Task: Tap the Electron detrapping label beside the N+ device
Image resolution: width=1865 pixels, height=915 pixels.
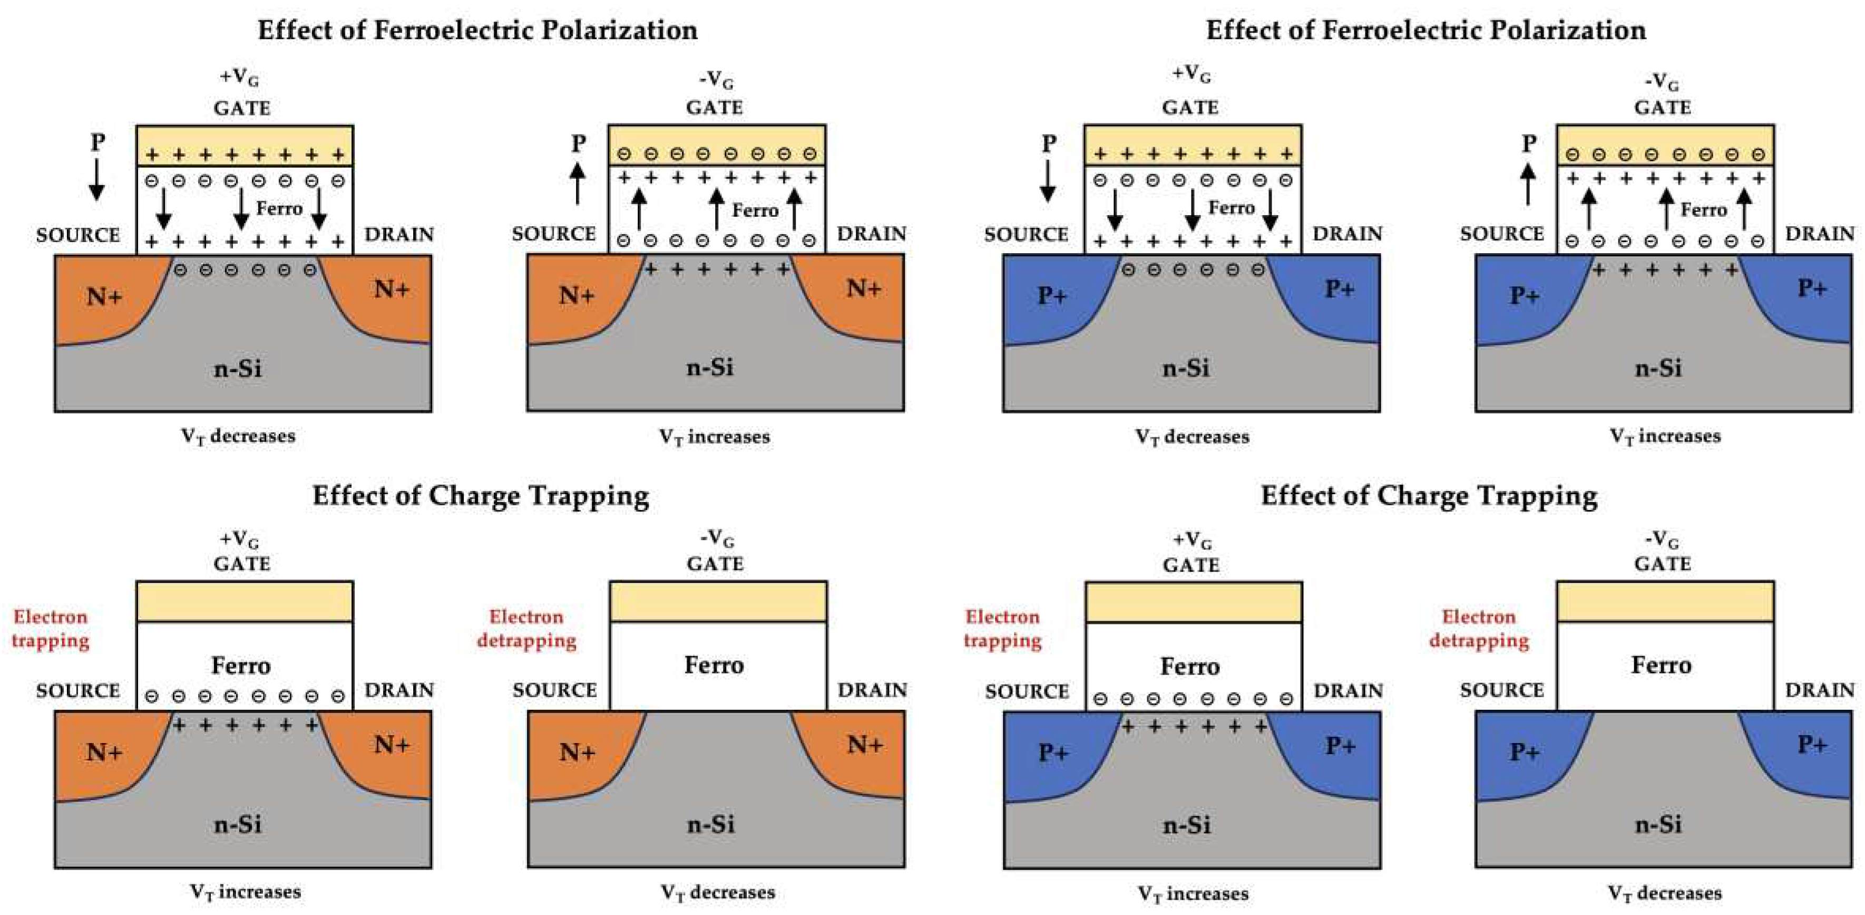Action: [x=526, y=629]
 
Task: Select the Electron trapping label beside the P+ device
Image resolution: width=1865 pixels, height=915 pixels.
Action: [x=1002, y=629]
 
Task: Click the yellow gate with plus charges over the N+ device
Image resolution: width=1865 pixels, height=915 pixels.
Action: [x=245, y=146]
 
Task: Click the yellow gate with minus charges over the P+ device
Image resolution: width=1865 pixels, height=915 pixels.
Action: [x=1664, y=146]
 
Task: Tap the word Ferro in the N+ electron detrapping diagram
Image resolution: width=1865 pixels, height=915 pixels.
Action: [x=714, y=664]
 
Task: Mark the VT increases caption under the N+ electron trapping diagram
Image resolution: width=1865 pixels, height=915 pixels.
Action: [x=246, y=892]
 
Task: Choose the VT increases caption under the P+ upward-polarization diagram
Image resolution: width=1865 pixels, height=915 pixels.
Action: [x=1664, y=436]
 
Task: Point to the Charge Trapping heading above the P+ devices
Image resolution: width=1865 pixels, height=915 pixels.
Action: [x=1429, y=496]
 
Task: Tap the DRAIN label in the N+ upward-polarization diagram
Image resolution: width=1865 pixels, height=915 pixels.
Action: [x=872, y=234]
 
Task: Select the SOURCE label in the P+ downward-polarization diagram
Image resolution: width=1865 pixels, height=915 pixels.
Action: [x=1026, y=235]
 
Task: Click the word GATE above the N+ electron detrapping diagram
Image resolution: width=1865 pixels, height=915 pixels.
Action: [x=715, y=564]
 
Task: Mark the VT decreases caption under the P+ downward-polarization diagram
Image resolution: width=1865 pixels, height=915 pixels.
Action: [x=1192, y=437]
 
